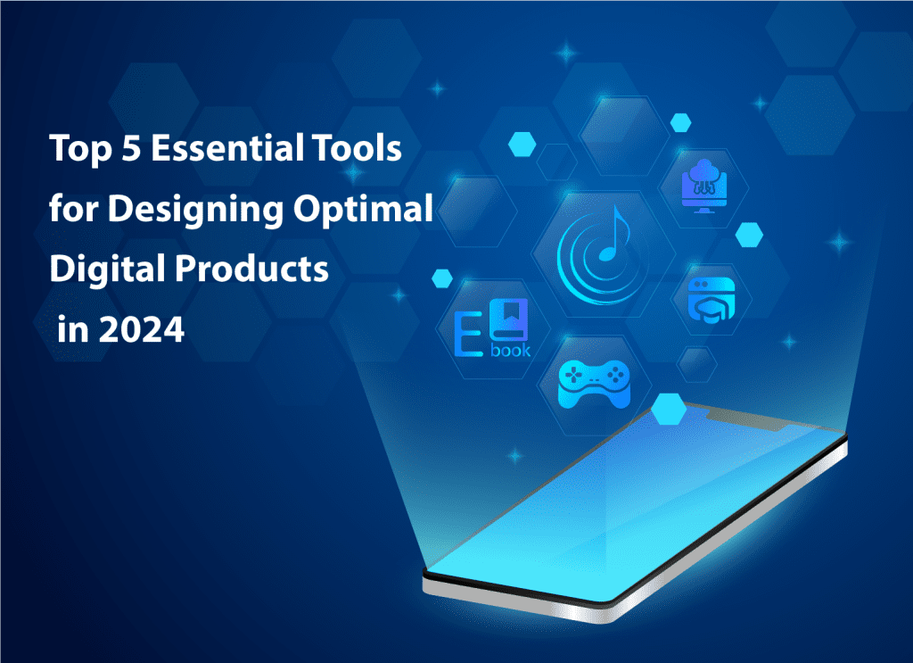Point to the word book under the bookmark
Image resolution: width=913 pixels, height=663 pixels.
[x=510, y=350]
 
